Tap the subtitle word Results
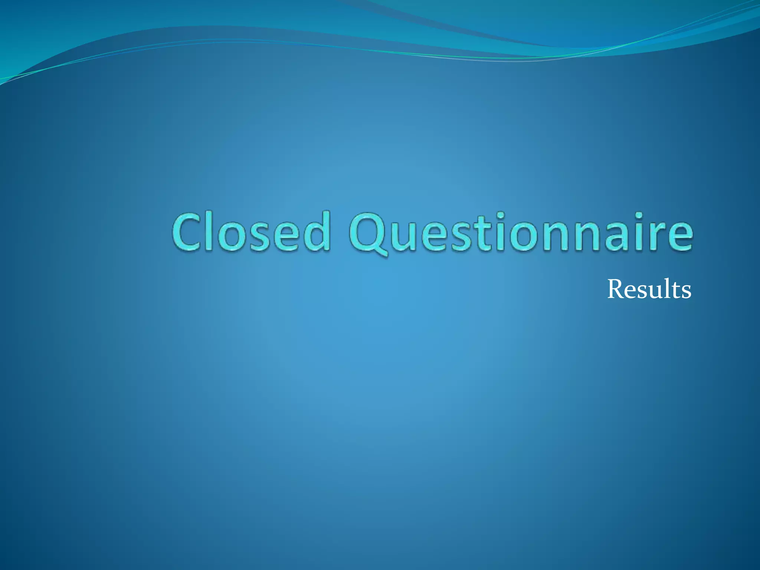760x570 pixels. point(649,289)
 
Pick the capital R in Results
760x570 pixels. point(616,289)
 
